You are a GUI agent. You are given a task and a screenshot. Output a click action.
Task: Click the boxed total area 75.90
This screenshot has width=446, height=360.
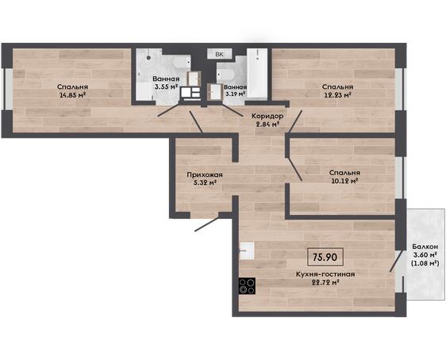(x=325, y=257)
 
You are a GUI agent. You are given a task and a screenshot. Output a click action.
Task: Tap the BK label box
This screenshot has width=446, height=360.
(x=219, y=54)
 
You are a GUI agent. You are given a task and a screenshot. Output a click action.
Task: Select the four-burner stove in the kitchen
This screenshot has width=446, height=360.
(x=247, y=285)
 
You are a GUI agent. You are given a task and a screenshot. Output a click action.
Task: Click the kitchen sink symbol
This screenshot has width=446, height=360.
(x=247, y=251)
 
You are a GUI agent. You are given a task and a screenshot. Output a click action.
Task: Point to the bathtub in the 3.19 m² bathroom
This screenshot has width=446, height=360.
(x=257, y=74)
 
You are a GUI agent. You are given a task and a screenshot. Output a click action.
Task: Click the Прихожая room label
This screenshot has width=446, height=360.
(x=205, y=174)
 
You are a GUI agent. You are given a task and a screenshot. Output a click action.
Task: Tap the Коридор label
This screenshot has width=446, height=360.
(x=267, y=116)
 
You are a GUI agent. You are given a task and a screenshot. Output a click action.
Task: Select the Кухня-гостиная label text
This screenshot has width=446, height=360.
(x=325, y=274)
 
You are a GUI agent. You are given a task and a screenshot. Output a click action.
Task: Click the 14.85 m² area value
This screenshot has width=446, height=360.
(x=73, y=95)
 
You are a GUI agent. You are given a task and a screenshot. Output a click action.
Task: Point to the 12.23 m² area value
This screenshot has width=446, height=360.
(x=337, y=95)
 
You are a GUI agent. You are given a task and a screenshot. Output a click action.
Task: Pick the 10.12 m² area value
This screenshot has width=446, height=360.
(x=344, y=181)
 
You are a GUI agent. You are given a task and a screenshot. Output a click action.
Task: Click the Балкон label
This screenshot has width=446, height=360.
(x=425, y=247)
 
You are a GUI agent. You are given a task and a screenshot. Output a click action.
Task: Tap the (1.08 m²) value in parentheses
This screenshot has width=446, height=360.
(x=425, y=263)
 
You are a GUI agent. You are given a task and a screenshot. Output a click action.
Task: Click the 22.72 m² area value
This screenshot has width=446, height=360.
(x=325, y=282)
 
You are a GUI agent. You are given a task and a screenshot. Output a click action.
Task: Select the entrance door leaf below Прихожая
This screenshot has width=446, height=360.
(x=207, y=224)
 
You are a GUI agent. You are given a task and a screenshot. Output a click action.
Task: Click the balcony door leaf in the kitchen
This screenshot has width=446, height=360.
(x=397, y=261)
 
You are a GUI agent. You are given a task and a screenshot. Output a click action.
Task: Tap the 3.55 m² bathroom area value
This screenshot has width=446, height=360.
(x=167, y=86)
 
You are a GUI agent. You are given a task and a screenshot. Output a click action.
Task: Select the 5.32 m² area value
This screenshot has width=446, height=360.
(x=205, y=183)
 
